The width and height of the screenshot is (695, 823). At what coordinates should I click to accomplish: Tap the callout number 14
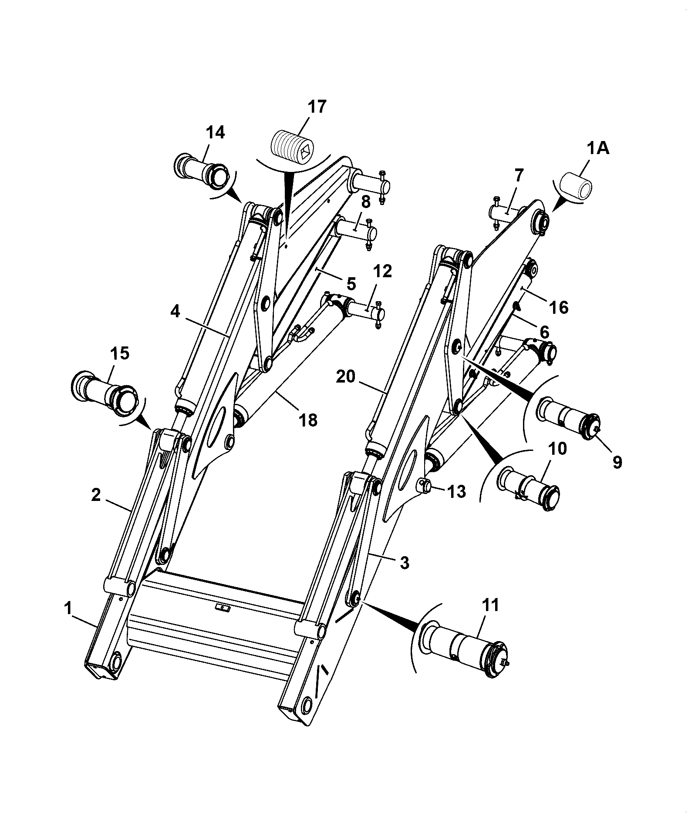pyautogui.click(x=216, y=132)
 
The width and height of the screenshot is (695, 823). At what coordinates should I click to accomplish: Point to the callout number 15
pyautogui.click(x=120, y=354)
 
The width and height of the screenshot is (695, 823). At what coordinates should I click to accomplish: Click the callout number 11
pyautogui.click(x=491, y=605)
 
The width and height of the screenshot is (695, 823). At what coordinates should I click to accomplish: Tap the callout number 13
pyautogui.click(x=456, y=492)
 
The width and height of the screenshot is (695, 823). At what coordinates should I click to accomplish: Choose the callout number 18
pyautogui.click(x=308, y=420)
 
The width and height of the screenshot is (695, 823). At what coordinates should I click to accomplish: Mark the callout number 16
pyautogui.click(x=559, y=308)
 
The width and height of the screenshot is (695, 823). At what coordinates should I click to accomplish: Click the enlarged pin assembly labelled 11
pyautogui.click(x=465, y=649)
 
